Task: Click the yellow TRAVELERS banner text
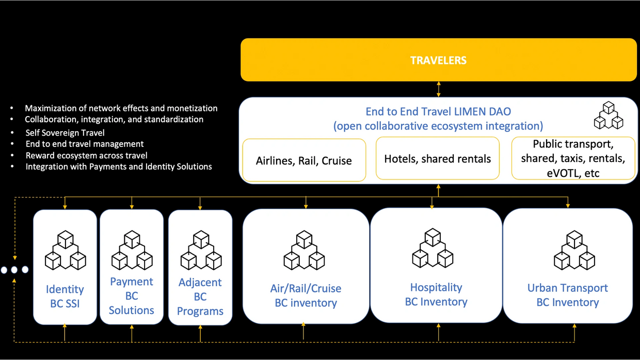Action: [x=438, y=60]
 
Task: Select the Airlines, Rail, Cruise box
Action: [x=304, y=160]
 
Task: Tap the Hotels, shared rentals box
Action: [x=437, y=159]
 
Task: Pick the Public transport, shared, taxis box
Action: [x=573, y=158]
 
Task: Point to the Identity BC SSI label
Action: [x=65, y=296]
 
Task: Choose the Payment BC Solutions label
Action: [x=132, y=296]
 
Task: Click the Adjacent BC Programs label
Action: [x=200, y=297]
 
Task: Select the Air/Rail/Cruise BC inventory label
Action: [x=306, y=296]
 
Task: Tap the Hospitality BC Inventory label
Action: [x=436, y=294]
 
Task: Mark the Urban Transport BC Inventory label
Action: [x=567, y=295]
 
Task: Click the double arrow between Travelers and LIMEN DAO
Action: [x=439, y=89]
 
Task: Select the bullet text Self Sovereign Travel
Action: [x=65, y=133]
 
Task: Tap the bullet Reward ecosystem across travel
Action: [x=86, y=155]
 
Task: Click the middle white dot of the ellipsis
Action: [x=14, y=270]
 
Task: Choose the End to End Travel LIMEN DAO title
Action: [x=438, y=111]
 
